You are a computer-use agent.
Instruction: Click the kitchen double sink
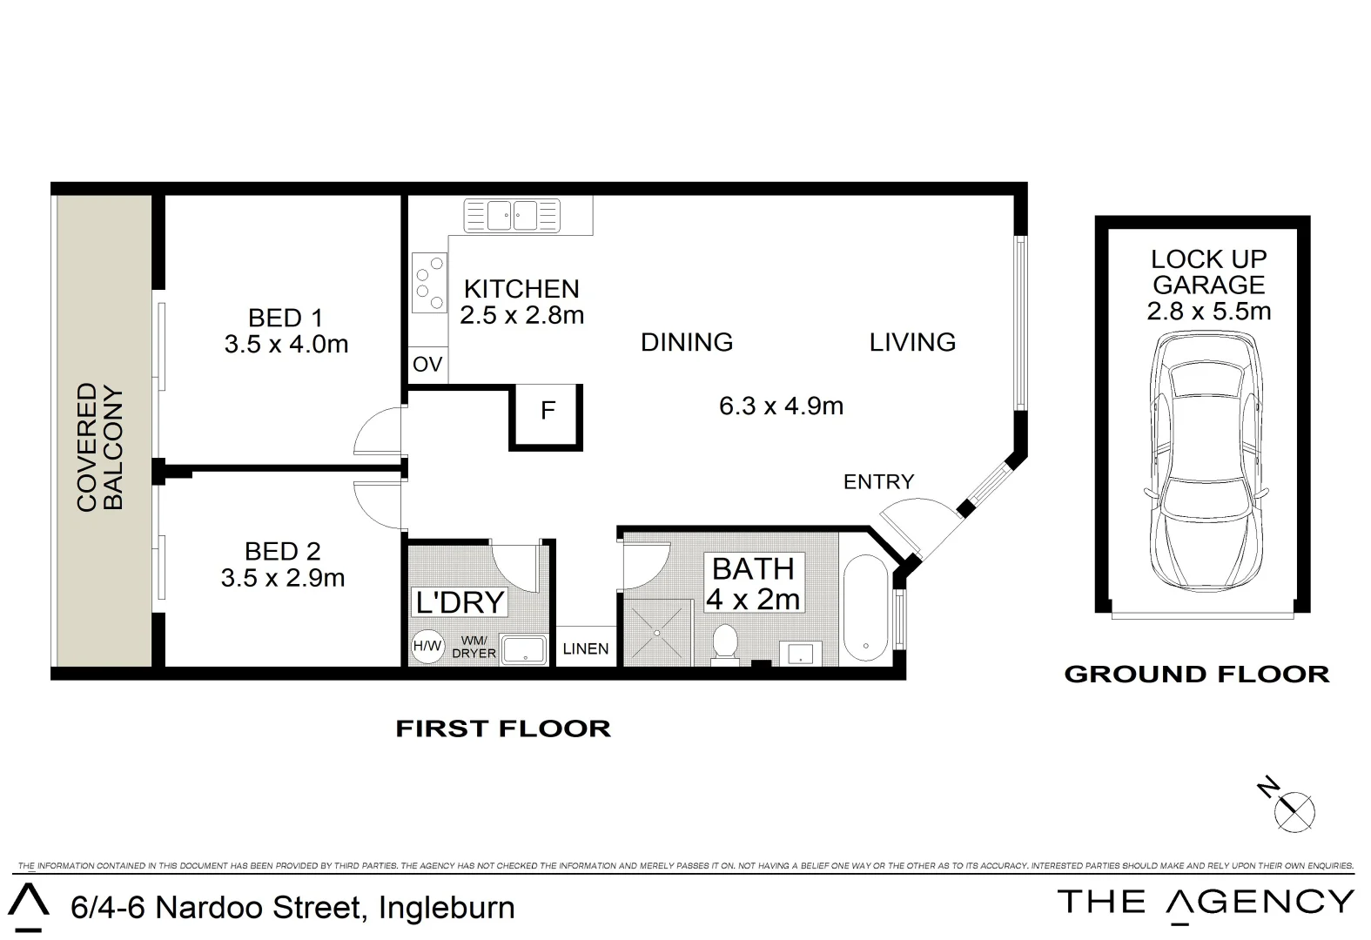(512, 214)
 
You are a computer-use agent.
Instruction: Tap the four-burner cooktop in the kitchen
(428, 282)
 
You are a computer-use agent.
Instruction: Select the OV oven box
(427, 365)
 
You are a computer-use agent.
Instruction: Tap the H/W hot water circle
(427, 646)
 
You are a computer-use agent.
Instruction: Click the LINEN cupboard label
(586, 649)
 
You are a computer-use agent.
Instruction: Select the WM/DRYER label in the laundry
(474, 647)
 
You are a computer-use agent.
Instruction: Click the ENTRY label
(878, 481)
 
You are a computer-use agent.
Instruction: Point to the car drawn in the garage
(1206, 464)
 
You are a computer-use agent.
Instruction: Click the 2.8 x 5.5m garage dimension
(1208, 312)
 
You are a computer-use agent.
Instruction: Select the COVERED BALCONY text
(100, 447)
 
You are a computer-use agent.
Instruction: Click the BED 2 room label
(282, 551)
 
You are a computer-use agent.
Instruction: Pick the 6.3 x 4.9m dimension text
(781, 406)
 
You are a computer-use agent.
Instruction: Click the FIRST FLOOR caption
(503, 728)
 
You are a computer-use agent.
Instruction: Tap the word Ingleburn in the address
(447, 908)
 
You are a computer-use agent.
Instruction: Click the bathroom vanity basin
(800, 652)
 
